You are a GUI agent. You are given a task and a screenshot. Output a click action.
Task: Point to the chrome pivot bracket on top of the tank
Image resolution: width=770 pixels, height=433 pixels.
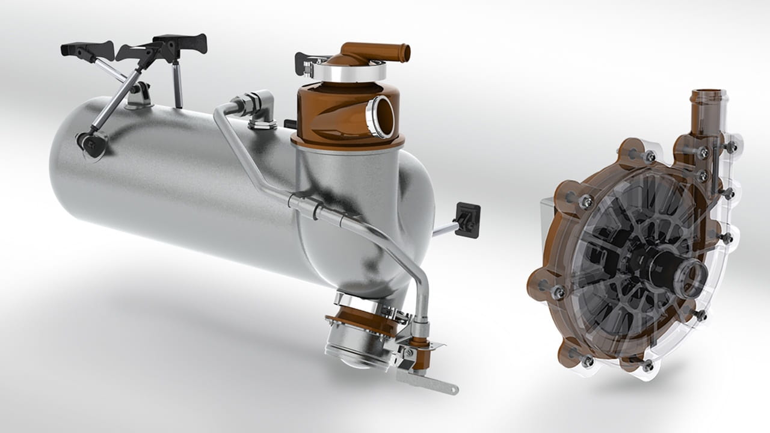(x=140, y=94)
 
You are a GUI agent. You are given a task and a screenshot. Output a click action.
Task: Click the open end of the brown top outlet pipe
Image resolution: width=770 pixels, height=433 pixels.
(x=406, y=52)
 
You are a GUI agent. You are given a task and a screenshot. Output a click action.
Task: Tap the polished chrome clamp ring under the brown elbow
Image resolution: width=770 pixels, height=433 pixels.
(x=346, y=73)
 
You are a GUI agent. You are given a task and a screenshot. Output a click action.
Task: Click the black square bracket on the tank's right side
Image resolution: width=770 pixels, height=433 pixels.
(x=467, y=220)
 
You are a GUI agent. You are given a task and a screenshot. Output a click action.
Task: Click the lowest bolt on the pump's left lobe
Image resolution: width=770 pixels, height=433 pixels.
(x=587, y=361)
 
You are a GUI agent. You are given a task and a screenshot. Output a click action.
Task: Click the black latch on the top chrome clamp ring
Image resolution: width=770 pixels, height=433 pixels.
(x=304, y=64)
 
